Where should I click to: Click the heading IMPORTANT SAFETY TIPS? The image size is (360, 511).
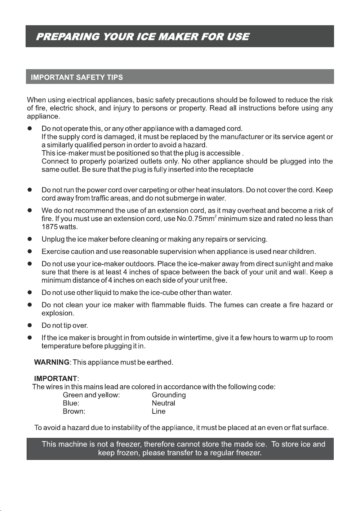pos(77,77)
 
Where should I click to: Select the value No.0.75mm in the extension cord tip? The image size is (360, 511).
pos(195,219)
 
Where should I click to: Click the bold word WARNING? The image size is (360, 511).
pos(52,362)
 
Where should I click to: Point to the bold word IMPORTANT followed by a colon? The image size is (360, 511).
pos(55,378)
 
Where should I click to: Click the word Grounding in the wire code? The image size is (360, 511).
pos(169,395)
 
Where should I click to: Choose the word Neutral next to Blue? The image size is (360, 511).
pos(163,403)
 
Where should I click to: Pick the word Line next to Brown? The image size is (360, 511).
pos(159,411)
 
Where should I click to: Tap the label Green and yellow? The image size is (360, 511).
pos(91,395)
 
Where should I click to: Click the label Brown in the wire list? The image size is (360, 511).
pos(74,411)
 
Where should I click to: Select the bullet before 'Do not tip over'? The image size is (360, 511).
pos(30,326)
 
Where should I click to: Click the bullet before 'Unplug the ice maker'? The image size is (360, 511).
pos(30,239)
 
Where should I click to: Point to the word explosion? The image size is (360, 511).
pos(57,313)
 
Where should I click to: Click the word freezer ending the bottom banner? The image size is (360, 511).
pos(248,453)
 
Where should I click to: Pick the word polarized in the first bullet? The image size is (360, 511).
pos(123,161)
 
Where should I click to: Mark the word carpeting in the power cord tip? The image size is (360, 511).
pos(154,190)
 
